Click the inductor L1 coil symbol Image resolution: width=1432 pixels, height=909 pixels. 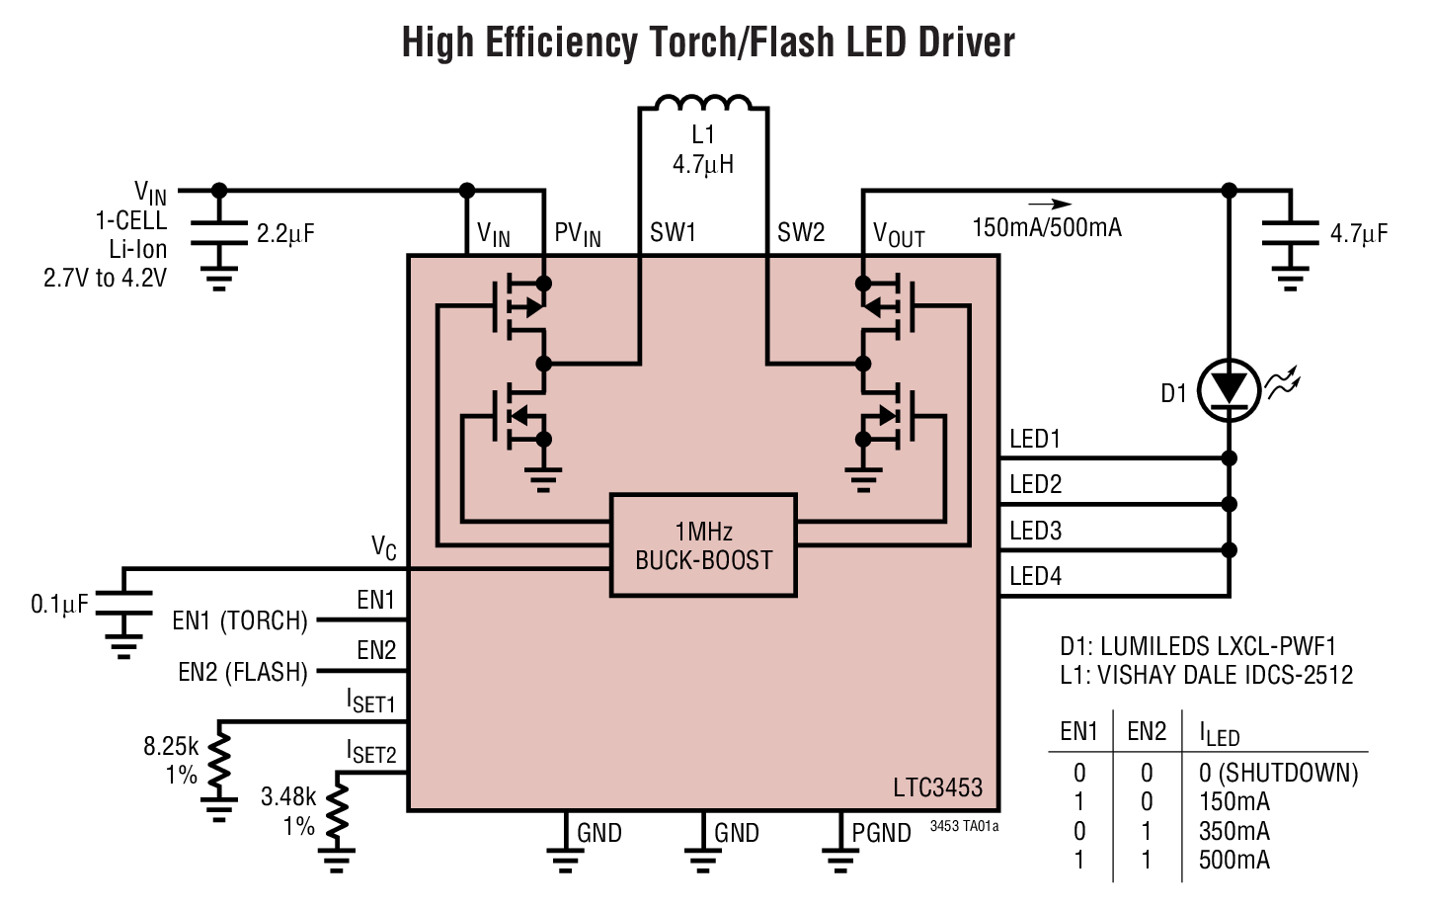click(x=703, y=104)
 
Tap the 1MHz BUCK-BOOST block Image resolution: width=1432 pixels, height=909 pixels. click(x=703, y=545)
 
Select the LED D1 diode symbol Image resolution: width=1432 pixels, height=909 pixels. click(x=1229, y=388)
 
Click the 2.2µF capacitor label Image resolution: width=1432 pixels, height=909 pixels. click(x=285, y=234)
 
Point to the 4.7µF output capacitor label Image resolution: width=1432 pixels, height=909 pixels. click(x=1358, y=234)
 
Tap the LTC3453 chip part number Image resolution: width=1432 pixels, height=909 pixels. click(x=937, y=787)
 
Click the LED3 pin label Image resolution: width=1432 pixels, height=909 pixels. click(x=1035, y=532)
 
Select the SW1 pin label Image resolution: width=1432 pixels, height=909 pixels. click(x=673, y=233)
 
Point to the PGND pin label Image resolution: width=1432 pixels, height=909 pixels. click(x=881, y=833)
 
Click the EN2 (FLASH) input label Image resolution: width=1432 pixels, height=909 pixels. click(x=243, y=673)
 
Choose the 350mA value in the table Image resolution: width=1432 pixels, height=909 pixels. click(x=1233, y=831)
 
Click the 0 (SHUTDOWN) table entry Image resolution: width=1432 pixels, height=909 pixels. click(x=1278, y=773)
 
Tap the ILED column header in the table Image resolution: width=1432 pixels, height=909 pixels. click(x=1219, y=734)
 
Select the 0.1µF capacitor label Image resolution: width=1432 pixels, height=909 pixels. click(x=59, y=604)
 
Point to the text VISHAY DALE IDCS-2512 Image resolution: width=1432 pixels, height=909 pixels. click(x=1225, y=675)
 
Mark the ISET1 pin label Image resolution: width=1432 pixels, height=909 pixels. click(x=370, y=702)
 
